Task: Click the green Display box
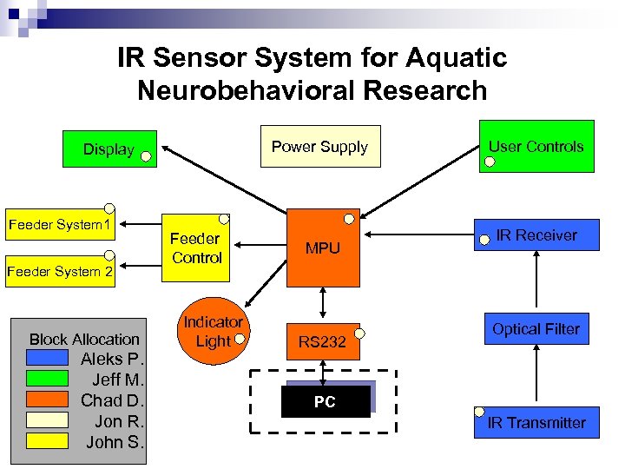tap(109, 149)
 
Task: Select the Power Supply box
tap(319, 147)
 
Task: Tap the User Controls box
tap(536, 147)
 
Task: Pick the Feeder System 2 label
tap(60, 272)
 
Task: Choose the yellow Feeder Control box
tap(196, 248)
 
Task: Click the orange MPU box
tap(323, 248)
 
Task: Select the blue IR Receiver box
tap(536, 235)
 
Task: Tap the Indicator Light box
tap(213, 332)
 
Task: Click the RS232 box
tap(322, 342)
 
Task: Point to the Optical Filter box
tap(536, 329)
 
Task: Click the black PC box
tap(325, 403)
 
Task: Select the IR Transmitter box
tap(536, 423)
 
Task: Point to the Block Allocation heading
tap(84, 339)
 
